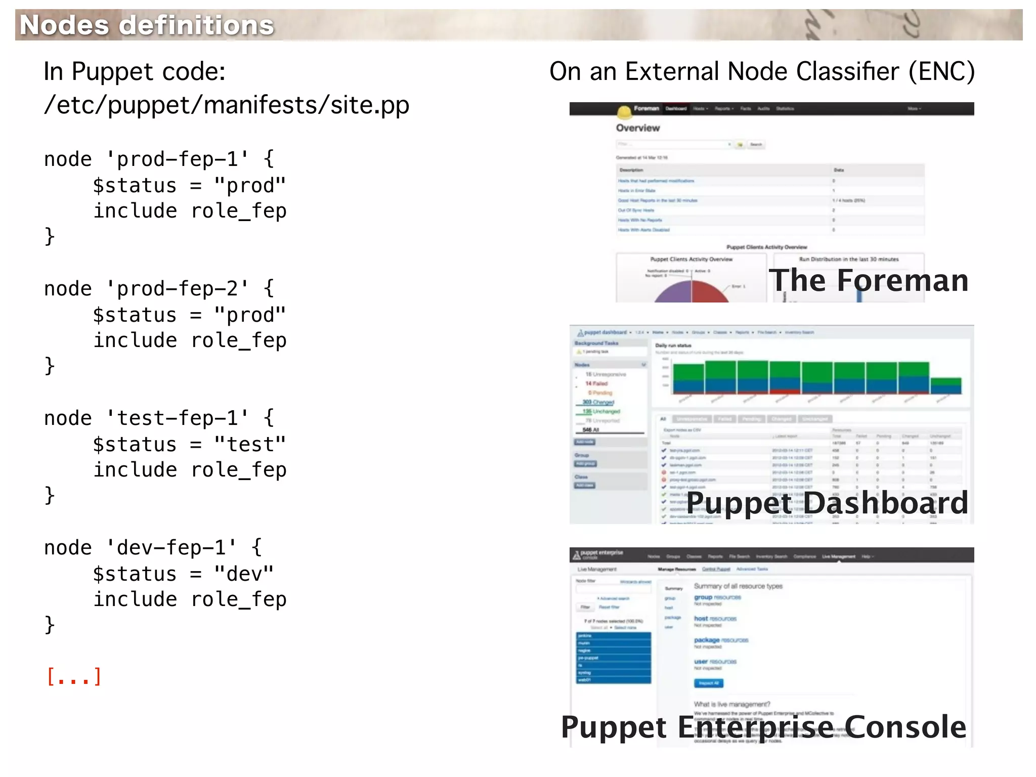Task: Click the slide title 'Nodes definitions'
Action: [x=147, y=25]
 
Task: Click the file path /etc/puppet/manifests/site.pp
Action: [x=226, y=105]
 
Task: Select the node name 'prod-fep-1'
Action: [x=177, y=159]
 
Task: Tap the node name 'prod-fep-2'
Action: [x=177, y=289]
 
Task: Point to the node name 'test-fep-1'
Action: [x=177, y=418]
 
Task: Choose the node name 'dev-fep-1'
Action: [x=171, y=548]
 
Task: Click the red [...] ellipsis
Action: [x=74, y=676]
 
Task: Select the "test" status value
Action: [x=250, y=445]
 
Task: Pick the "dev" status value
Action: [x=244, y=574]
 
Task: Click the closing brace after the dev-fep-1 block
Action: [x=50, y=625]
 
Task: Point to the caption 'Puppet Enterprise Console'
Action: [x=763, y=727]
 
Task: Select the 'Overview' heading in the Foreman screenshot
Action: [x=637, y=128]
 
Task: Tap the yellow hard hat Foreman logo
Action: [x=625, y=111]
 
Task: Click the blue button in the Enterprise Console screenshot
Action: [x=709, y=683]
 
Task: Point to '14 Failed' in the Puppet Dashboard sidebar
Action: [x=596, y=383]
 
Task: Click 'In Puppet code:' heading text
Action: [x=135, y=71]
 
